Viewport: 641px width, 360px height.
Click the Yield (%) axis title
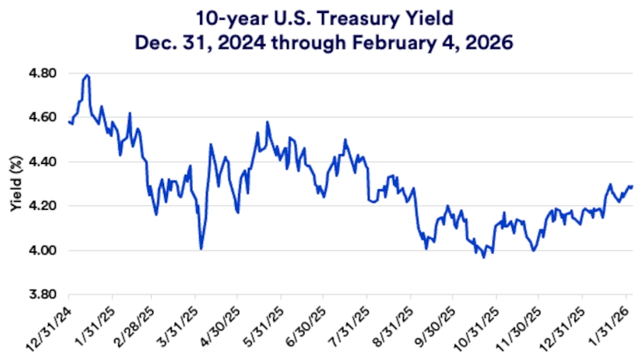[16, 184]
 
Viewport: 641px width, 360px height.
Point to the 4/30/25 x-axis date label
[221, 322]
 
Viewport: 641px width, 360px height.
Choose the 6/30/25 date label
[308, 322]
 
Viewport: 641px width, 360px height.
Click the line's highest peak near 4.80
[88, 75]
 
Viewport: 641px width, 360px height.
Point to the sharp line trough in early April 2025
[201, 248]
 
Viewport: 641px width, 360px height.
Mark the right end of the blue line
[632, 186]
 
